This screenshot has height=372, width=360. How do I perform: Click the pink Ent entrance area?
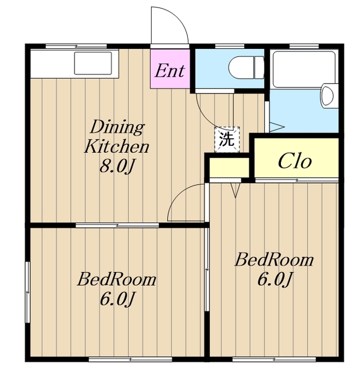click(x=170, y=69)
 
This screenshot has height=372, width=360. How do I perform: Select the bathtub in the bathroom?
click(x=304, y=69)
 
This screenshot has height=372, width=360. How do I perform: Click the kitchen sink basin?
click(x=93, y=63)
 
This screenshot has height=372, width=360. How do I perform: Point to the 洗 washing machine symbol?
click(x=227, y=139)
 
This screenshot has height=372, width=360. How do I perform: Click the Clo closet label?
click(x=294, y=161)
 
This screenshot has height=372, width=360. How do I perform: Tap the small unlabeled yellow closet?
click(x=229, y=167)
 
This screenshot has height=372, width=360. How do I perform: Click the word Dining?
click(x=117, y=127)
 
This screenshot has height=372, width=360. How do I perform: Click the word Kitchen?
click(x=117, y=146)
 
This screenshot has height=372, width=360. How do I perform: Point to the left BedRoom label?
click(x=117, y=280)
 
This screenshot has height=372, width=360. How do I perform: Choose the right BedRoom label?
click(x=274, y=260)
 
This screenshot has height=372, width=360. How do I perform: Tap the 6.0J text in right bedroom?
click(x=275, y=279)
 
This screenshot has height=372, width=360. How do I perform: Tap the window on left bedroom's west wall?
click(x=28, y=292)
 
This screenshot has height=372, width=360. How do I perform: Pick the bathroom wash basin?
click(x=329, y=96)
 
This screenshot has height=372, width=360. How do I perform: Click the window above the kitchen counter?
click(x=76, y=46)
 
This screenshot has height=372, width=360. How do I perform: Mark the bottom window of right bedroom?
click(x=274, y=360)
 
